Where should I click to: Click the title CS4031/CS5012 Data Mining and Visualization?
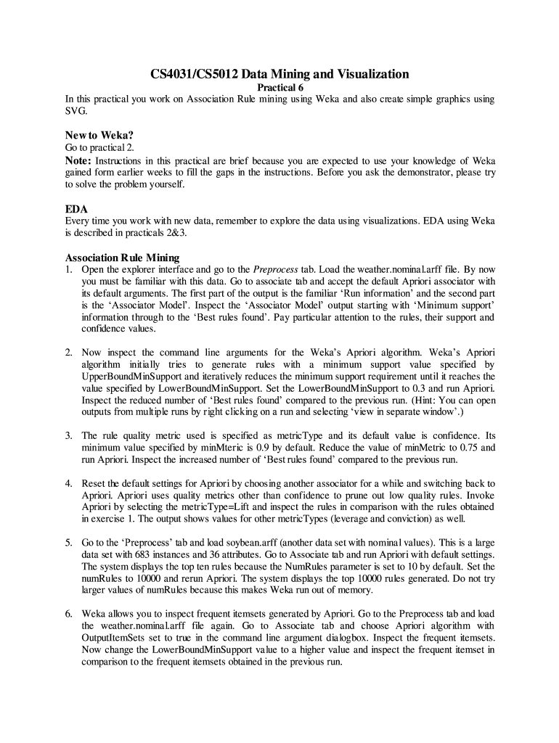tap(279, 74)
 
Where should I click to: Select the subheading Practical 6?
tap(280, 88)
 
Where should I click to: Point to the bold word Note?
tap(78, 160)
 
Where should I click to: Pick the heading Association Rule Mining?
tap(122, 258)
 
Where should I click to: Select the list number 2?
tap(68, 353)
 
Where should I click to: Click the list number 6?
tap(68, 614)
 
